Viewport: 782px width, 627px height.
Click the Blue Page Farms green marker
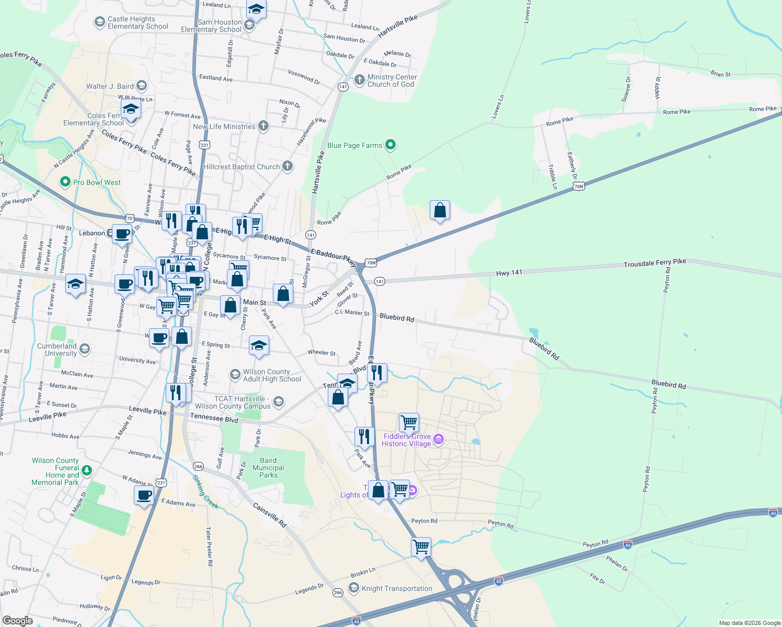390,145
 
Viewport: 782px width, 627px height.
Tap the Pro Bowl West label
97,182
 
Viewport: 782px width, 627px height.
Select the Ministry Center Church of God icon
359,80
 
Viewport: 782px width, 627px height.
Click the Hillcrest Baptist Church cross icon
287,166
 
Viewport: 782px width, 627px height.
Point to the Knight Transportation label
397,588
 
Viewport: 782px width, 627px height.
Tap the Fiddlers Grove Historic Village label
407,440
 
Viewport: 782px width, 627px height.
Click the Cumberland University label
57,350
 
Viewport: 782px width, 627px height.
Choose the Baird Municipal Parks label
268,468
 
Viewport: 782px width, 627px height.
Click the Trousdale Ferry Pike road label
654,263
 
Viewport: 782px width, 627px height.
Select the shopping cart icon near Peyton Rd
421,547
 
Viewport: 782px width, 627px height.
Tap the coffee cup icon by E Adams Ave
144,494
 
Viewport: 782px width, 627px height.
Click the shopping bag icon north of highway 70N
440,210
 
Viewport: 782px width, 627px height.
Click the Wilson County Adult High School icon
235,375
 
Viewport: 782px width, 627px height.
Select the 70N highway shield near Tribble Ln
578,186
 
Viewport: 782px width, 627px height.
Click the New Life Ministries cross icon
263,126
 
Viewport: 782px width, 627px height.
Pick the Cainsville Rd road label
270,515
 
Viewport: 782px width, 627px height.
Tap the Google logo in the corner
17,621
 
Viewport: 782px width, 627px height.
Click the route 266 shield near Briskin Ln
338,592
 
